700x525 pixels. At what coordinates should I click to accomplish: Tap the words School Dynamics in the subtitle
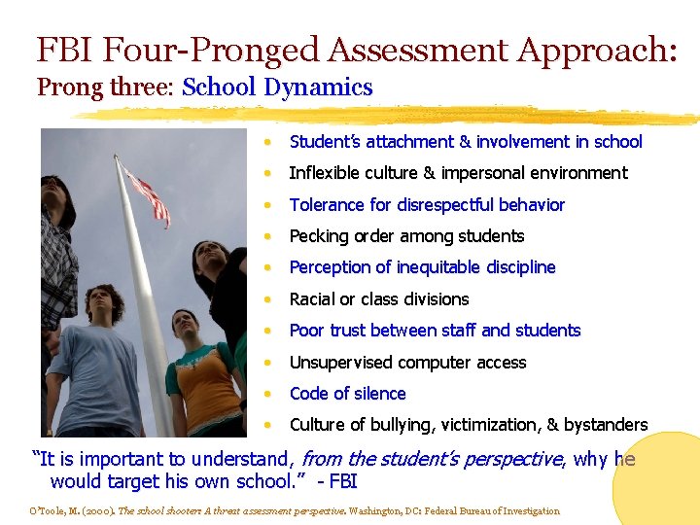[x=277, y=87]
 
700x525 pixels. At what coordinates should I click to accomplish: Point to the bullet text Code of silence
[x=347, y=394]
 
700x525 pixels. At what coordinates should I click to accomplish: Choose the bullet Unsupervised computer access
[x=407, y=363]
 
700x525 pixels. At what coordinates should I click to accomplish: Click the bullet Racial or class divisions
[x=379, y=299]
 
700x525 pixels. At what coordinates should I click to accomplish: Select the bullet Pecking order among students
[x=406, y=236]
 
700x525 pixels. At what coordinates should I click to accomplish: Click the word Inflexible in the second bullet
[x=327, y=173]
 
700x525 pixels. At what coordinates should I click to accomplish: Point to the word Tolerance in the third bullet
[x=327, y=205]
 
